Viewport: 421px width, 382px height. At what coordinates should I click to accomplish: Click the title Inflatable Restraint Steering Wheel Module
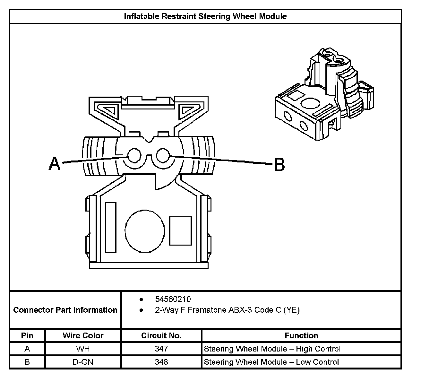click(205, 16)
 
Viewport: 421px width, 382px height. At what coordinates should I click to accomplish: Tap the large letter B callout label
click(279, 165)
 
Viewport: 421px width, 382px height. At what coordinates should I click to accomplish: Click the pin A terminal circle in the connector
click(134, 156)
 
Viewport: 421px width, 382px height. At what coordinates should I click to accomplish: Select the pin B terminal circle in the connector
click(162, 156)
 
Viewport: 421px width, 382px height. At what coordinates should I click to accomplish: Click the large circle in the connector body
click(144, 230)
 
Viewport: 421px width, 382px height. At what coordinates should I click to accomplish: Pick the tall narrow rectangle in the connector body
click(111, 228)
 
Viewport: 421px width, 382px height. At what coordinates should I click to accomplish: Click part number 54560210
click(173, 299)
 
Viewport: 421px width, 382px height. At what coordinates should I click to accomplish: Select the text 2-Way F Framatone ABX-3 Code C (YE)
click(227, 310)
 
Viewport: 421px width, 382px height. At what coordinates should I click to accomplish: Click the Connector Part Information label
click(65, 310)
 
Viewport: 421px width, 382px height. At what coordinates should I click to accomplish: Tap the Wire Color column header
click(83, 335)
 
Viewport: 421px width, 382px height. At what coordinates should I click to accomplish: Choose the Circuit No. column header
click(161, 335)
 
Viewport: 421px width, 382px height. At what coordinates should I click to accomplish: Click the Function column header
click(301, 335)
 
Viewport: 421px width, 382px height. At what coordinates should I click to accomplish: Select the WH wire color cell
click(83, 349)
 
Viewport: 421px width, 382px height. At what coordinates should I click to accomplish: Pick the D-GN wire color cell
click(83, 362)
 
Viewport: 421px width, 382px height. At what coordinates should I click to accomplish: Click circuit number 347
click(161, 349)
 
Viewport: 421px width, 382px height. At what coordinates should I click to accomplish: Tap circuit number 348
click(161, 362)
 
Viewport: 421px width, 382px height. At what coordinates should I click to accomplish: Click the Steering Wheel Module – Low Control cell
click(271, 362)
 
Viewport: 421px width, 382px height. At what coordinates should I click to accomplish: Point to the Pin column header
click(27, 335)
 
